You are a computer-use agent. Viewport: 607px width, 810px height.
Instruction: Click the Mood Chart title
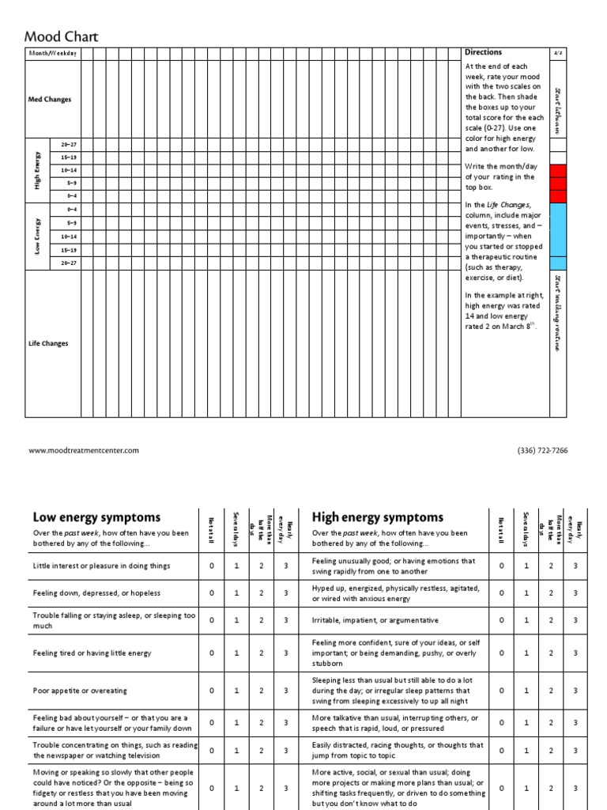[x=62, y=36]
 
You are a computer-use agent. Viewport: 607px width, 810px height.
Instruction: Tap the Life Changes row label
[x=49, y=343]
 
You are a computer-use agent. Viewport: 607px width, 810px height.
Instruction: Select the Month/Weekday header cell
[x=53, y=53]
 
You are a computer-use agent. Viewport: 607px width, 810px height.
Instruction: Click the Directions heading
[x=483, y=52]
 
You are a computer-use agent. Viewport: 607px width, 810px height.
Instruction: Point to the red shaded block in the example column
[x=558, y=184]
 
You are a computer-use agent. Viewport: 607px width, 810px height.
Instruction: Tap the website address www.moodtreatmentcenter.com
[x=84, y=450]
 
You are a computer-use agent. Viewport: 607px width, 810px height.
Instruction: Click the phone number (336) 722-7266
[x=542, y=450]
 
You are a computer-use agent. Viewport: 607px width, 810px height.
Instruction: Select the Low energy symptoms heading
[x=96, y=517]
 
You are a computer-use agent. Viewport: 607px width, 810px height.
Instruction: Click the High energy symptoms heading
[x=378, y=517]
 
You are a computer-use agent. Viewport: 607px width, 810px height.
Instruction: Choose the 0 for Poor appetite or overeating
[x=211, y=691]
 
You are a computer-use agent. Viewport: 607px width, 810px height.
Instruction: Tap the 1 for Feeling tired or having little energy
[x=236, y=653]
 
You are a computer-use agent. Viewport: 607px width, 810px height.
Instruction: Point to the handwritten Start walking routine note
[x=558, y=313]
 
